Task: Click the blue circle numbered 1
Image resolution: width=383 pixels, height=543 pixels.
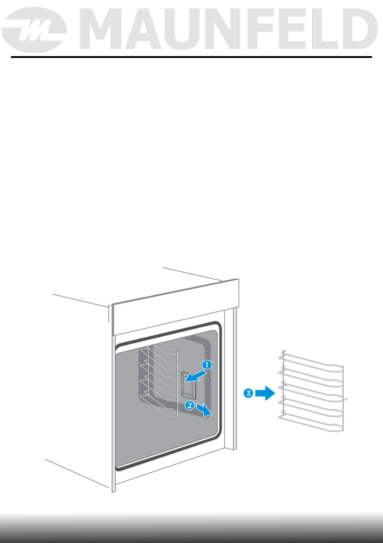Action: (x=207, y=365)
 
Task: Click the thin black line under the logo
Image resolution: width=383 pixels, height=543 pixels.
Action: (x=191, y=57)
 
